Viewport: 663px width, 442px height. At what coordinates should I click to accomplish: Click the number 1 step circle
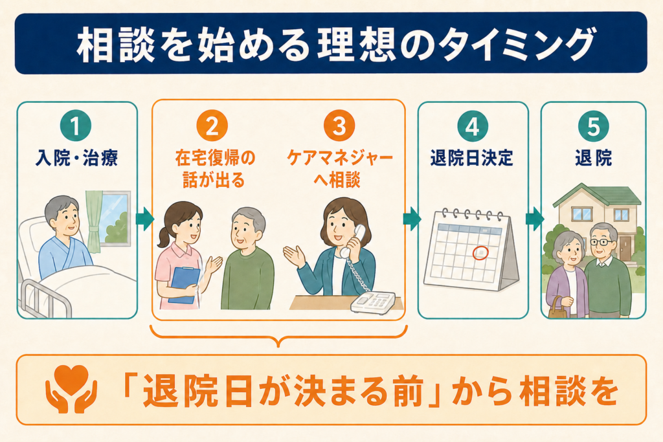pyautogui.click(x=76, y=126)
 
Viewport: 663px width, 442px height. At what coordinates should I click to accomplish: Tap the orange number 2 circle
pyautogui.click(x=212, y=126)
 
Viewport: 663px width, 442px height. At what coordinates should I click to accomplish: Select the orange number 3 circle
pyautogui.click(x=339, y=126)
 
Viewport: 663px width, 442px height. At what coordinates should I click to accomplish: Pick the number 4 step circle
pyautogui.click(x=473, y=126)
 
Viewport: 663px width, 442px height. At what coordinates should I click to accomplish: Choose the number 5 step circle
pyautogui.click(x=593, y=126)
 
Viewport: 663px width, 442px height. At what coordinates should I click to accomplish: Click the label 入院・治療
pyautogui.click(x=76, y=158)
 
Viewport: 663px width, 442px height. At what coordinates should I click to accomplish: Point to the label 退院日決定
pyautogui.click(x=472, y=158)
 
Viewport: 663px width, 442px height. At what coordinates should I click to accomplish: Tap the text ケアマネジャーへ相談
pyautogui.click(x=339, y=169)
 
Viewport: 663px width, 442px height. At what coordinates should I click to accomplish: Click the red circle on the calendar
pyautogui.click(x=480, y=252)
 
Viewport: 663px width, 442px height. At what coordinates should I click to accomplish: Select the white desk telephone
pyautogui.click(x=373, y=303)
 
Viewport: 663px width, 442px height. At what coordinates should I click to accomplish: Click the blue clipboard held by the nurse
pyautogui.click(x=185, y=284)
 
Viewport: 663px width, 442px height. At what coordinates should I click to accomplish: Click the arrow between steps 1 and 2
pyautogui.click(x=145, y=219)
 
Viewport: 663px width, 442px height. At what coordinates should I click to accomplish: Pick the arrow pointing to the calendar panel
pyautogui.click(x=412, y=219)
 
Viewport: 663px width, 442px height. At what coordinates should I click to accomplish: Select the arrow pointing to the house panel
pyautogui.click(x=535, y=219)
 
